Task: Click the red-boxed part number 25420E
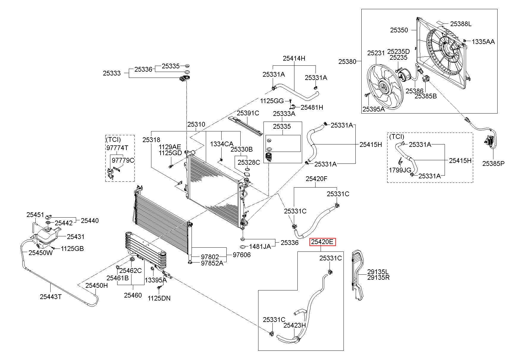(323, 242)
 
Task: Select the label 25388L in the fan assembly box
(461, 24)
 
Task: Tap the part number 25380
(347, 62)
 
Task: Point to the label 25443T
(51, 296)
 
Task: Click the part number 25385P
(493, 163)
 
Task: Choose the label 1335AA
(483, 42)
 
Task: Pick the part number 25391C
(248, 113)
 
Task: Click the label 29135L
(378, 272)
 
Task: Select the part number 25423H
(294, 325)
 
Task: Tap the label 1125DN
(159, 298)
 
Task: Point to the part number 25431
(76, 237)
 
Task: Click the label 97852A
(212, 263)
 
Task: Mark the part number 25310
(196, 124)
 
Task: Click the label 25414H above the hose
(294, 58)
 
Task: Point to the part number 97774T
(117, 148)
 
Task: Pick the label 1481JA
(260, 246)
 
